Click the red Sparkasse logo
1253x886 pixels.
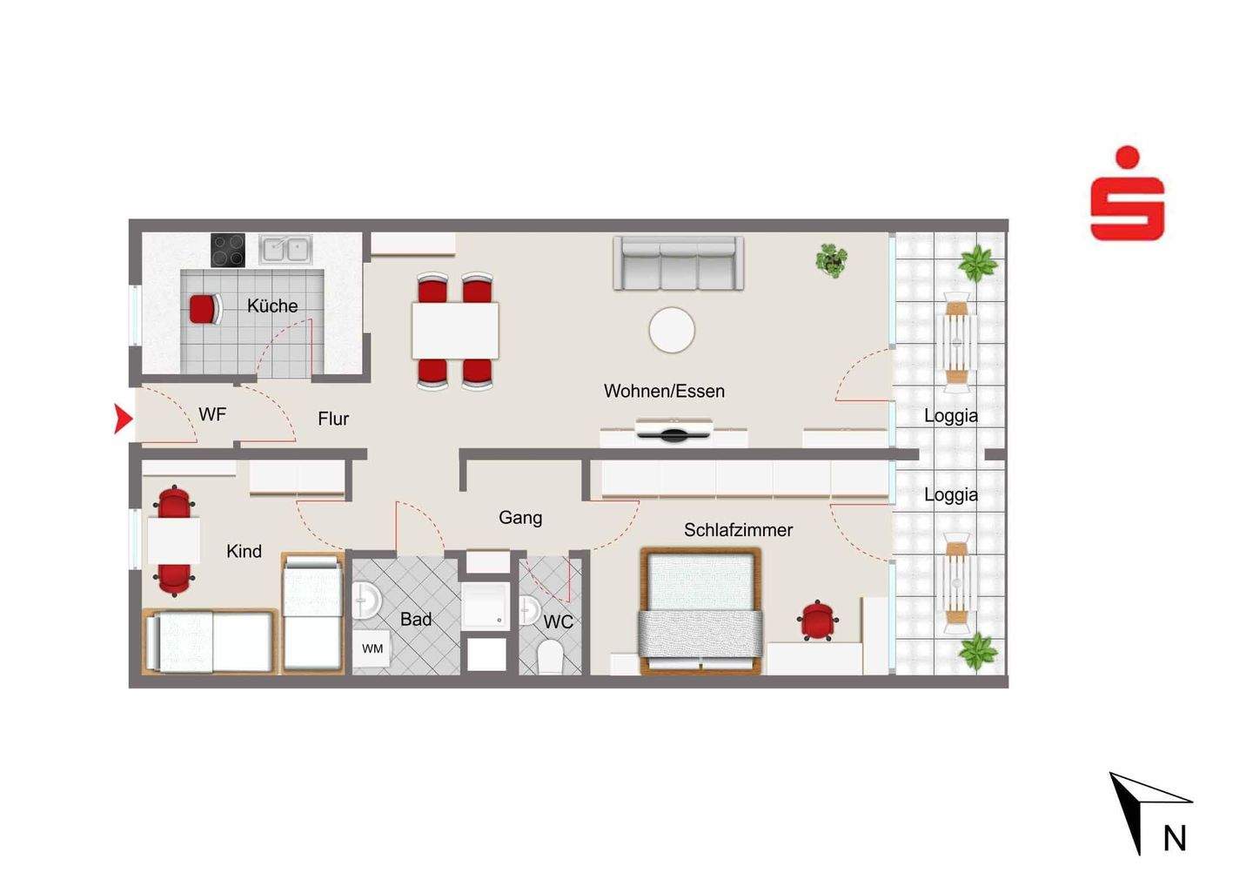pos(1127,193)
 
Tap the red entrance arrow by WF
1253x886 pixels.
pos(123,419)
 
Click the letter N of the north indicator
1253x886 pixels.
pos(1175,838)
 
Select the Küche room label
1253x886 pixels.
pos(272,306)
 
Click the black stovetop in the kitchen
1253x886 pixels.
pos(228,250)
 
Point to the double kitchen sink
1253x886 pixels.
pos(285,249)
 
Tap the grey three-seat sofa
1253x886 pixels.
pos(679,263)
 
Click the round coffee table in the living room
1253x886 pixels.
pos(672,330)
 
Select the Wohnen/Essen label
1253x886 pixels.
pos(664,391)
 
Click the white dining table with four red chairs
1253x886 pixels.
pos(455,330)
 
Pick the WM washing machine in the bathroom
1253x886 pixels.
pos(372,648)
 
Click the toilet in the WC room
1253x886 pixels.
pos(550,657)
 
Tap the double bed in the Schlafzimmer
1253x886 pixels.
pos(700,611)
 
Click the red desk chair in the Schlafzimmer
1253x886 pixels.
pos(818,621)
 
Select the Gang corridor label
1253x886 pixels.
pos(520,517)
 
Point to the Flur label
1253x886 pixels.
pos(332,419)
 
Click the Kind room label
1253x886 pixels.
pos(244,551)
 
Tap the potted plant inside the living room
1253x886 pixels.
pos(831,260)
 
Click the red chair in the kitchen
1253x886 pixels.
pos(205,309)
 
